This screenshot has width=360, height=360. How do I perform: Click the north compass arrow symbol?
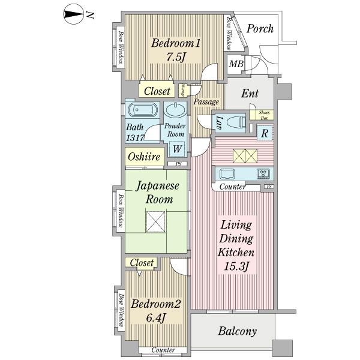[x=74, y=15]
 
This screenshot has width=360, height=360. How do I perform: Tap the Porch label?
[x=260, y=28]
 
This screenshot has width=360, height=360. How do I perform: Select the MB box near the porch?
[x=235, y=64]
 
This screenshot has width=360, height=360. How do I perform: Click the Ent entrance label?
[x=250, y=94]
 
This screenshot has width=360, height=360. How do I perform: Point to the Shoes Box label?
[x=263, y=115]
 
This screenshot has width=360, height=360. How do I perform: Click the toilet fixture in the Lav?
[x=239, y=121]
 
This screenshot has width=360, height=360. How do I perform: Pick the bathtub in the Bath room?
[x=143, y=110]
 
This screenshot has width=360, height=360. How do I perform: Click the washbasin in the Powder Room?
[x=175, y=110]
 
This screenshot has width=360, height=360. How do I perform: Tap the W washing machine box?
[x=178, y=148]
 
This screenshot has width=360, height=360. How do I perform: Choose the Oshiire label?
[x=142, y=158]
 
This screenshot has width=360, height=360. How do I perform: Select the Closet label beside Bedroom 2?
[x=142, y=263]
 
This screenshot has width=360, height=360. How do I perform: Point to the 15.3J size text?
[x=237, y=266]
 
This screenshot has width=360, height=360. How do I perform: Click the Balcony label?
[x=237, y=331]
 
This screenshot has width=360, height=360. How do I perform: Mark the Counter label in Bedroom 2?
[x=163, y=350]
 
